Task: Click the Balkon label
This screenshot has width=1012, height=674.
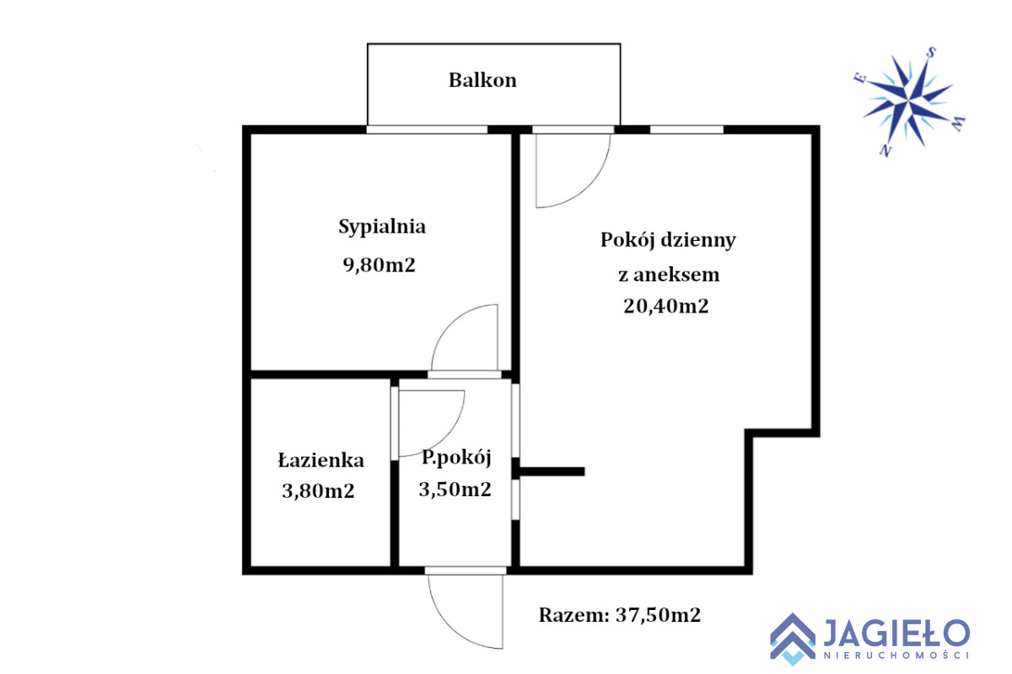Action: (482, 80)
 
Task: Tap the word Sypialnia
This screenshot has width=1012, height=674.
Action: (382, 227)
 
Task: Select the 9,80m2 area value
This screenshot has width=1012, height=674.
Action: (379, 265)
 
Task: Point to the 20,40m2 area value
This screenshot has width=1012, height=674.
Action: (665, 306)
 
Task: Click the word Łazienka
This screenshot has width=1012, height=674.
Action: (320, 460)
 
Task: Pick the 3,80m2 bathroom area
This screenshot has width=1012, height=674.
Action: (318, 490)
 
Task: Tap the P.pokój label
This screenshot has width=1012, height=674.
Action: (456, 458)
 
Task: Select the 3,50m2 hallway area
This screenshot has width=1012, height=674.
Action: (455, 489)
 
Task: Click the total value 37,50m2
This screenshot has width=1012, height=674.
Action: (658, 615)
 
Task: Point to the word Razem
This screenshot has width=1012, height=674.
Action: (574, 615)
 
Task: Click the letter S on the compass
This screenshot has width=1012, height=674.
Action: (931, 53)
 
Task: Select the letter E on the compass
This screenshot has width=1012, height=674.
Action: (860, 78)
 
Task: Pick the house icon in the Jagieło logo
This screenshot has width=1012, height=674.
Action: (793, 639)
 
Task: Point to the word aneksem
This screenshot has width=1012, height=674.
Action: (676, 275)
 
